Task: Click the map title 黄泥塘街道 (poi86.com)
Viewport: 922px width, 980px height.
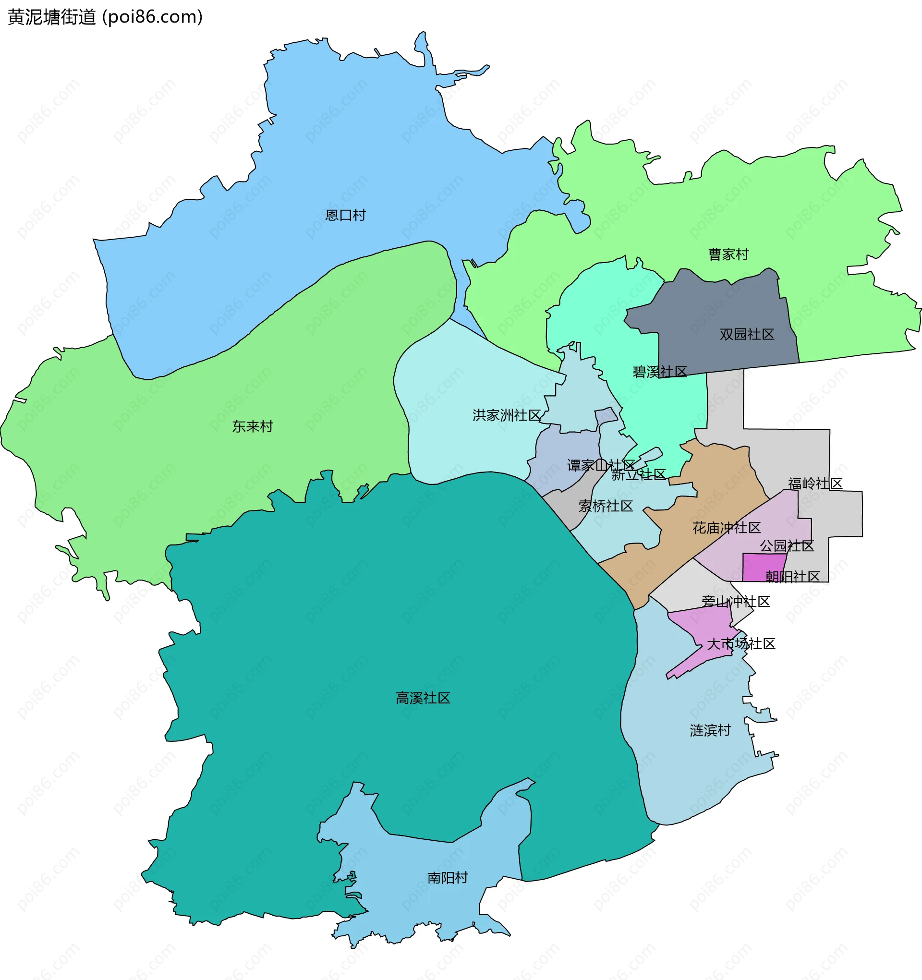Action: click(105, 17)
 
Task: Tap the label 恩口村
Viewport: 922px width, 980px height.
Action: click(345, 216)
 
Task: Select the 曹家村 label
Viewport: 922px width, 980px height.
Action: click(728, 254)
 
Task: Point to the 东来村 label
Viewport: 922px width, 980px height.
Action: click(253, 426)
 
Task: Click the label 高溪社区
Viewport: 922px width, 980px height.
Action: click(423, 698)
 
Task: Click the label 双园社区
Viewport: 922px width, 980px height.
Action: click(746, 334)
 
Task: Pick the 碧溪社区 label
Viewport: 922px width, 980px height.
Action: click(660, 372)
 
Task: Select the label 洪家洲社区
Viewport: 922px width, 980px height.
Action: click(506, 415)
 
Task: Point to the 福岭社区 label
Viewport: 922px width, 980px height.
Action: click(815, 484)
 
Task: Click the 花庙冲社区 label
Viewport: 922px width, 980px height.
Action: click(726, 528)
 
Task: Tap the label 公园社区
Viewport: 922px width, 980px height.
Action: click(787, 546)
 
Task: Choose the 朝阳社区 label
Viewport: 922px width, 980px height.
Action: click(792, 576)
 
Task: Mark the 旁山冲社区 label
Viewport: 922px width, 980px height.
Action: click(736, 602)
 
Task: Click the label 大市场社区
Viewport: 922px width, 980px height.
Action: click(741, 644)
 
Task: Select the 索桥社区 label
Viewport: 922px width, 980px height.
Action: click(606, 506)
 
